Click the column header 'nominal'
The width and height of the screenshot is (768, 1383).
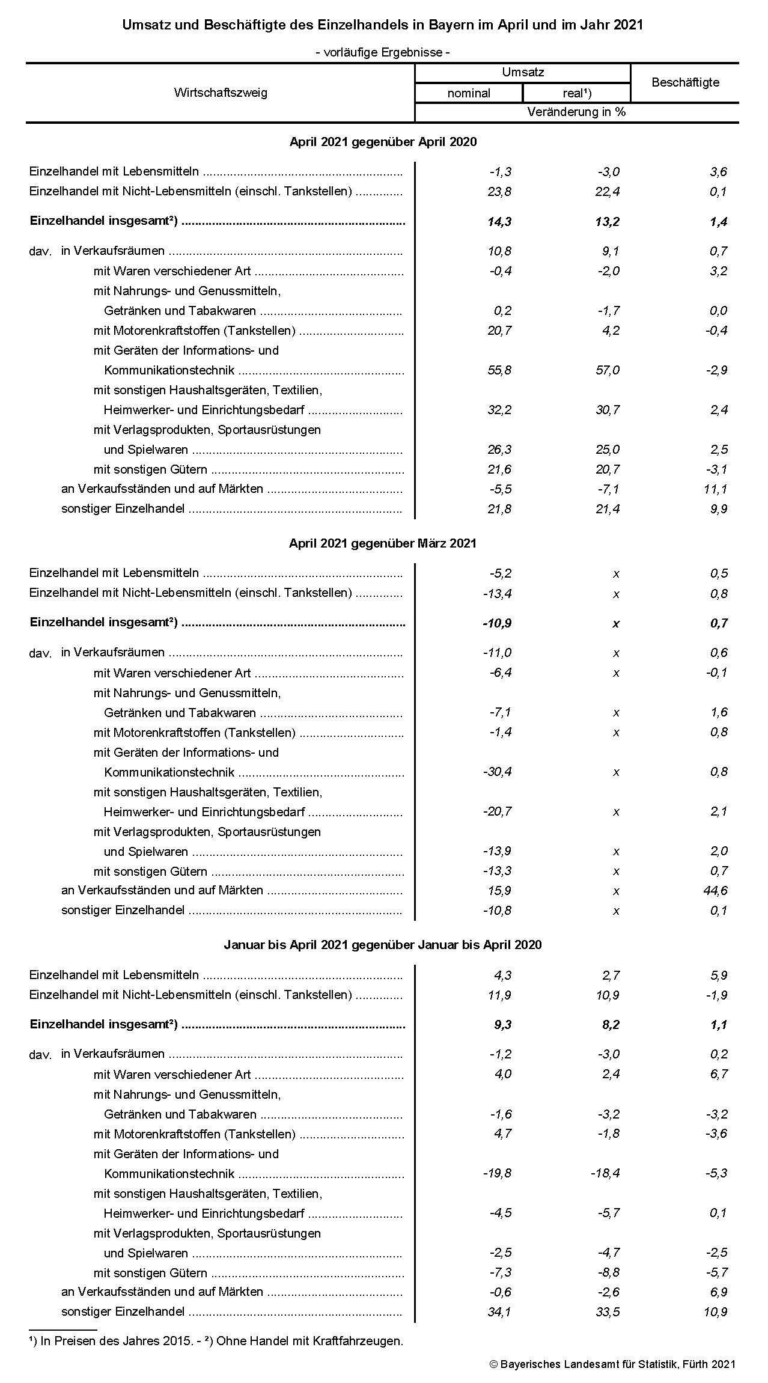pyautogui.click(x=469, y=93)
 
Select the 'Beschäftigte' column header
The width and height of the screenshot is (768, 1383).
pyautogui.click(x=685, y=82)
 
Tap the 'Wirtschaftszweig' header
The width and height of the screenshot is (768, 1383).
pyautogui.click(x=221, y=93)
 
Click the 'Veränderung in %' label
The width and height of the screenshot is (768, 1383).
pyautogui.click(x=576, y=112)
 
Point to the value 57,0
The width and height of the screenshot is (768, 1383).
pyautogui.click(x=608, y=370)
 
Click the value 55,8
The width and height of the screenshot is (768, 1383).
pyautogui.click(x=499, y=370)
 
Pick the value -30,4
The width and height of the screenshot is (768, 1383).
pyautogui.click(x=498, y=772)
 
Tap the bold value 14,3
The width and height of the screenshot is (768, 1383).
pyautogui.click(x=499, y=222)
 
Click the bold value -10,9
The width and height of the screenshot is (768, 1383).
pyautogui.click(x=497, y=623)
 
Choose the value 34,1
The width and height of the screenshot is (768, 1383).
pyautogui.click(x=499, y=1311)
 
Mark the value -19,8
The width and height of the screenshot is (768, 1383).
pyautogui.click(x=498, y=1173)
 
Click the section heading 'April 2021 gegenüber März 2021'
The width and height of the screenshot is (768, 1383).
pyautogui.click(x=383, y=543)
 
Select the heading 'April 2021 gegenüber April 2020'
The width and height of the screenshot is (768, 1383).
pyautogui.click(x=383, y=142)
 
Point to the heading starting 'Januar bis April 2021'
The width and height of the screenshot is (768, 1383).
pyautogui.click(x=383, y=945)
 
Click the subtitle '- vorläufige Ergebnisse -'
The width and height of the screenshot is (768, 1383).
pyautogui.click(x=383, y=52)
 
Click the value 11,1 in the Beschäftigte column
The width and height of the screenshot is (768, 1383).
pyautogui.click(x=715, y=489)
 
